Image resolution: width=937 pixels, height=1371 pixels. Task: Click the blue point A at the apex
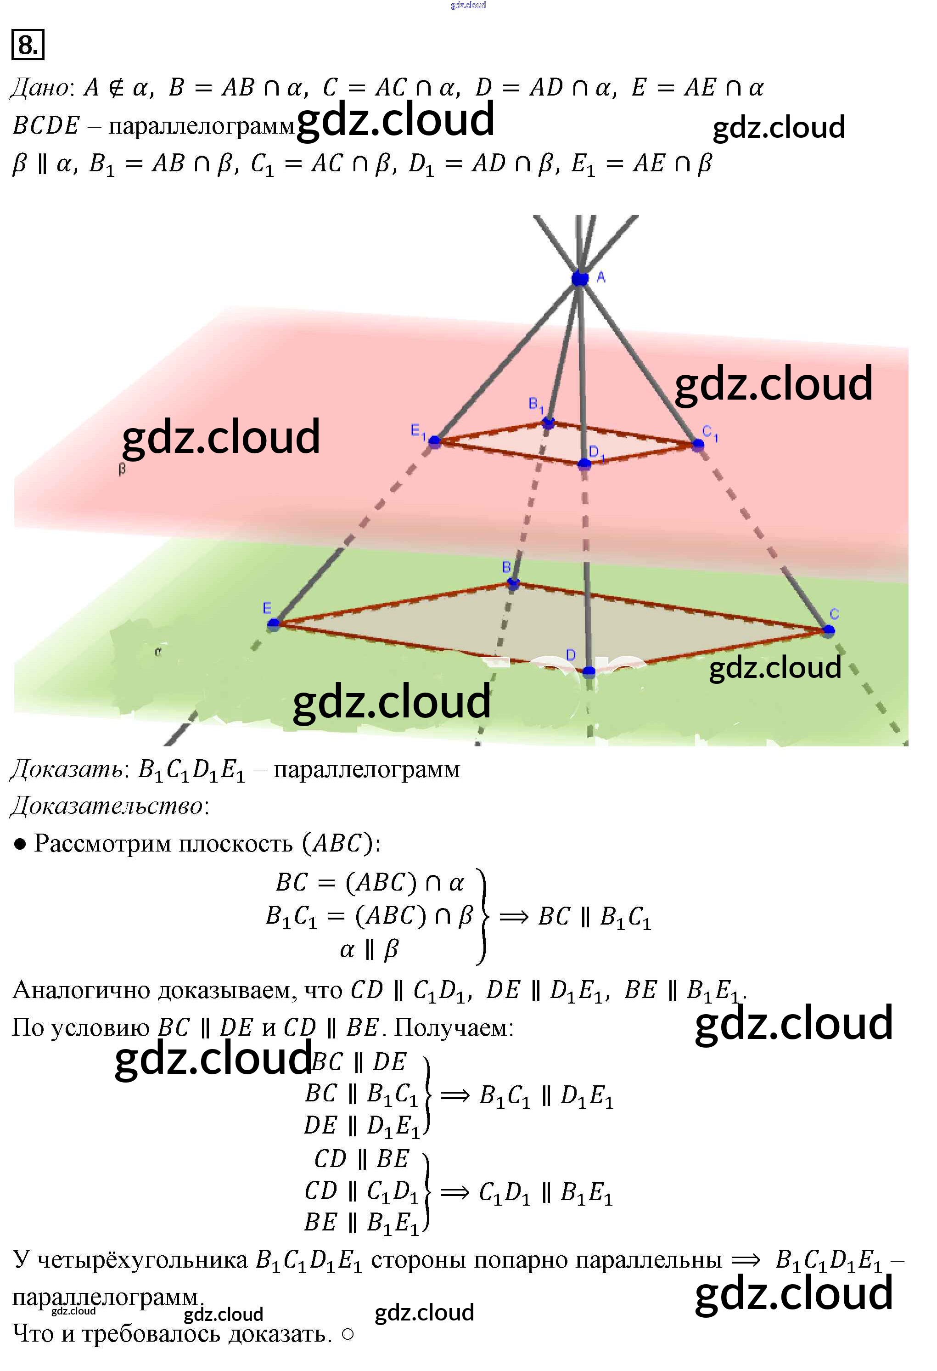[x=580, y=278]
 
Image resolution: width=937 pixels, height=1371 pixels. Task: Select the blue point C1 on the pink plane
[x=698, y=444]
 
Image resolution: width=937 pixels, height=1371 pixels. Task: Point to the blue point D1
[x=584, y=464]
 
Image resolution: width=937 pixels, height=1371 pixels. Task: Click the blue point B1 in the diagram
[x=549, y=423]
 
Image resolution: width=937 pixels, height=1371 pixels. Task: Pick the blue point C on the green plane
[x=829, y=630]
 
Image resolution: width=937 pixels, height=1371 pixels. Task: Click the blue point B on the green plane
[x=513, y=583]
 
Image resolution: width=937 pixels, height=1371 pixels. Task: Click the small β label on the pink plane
[x=122, y=469]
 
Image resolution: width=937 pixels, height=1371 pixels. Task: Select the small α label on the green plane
[x=157, y=652]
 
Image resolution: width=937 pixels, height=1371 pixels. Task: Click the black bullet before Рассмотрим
[x=20, y=844]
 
